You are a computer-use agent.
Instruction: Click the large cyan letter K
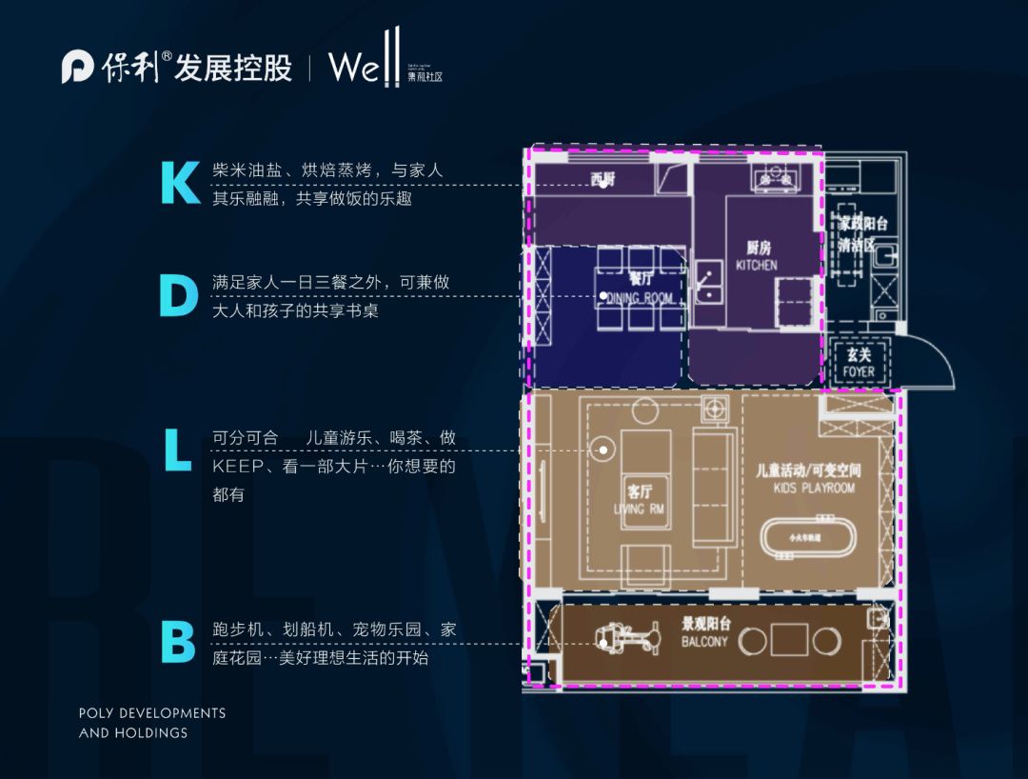(x=180, y=183)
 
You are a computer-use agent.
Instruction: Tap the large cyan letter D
(x=179, y=295)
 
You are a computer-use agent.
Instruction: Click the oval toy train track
(x=811, y=537)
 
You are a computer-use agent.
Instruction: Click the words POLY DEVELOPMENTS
(x=152, y=712)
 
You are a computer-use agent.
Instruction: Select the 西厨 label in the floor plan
(x=603, y=178)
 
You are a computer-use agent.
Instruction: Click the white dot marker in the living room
(x=603, y=449)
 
